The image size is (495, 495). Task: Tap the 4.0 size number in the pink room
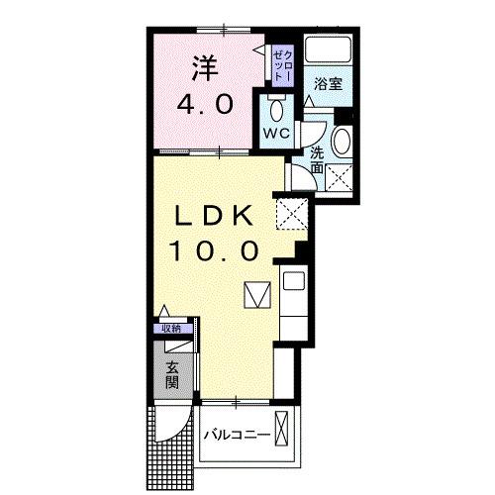pyautogui.click(x=206, y=103)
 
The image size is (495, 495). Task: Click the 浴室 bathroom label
pyautogui.click(x=330, y=85)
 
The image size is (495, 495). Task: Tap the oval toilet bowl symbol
pyautogui.click(x=276, y=108)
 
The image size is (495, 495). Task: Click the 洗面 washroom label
pyautogui.click(x=317, y=159)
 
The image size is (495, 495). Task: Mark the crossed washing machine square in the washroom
pyautogui.click(x=340, y=178)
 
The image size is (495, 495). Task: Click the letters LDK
pyautogui.click(x=215, y=215)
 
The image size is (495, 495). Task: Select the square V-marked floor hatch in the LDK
pyautogui.click(x=256, y=295)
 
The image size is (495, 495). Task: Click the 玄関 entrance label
pyautogui.click(x=173, y=375)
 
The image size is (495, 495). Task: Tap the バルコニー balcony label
pyautogui.click(x=239, y=435)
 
